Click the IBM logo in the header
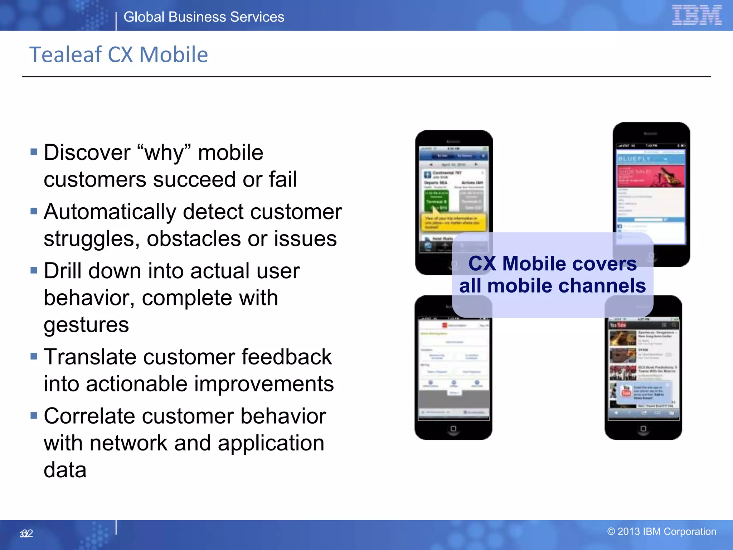click(x=696, y=15)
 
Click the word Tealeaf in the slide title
click(x=65, y=55)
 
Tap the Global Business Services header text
click(x=204, y=17)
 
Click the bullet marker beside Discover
click(x=34, y=152)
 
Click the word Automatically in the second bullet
click(x=110, y=212)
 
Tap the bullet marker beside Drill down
click(x=34, y=270)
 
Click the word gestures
click(x=86, y=325)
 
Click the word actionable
click(x=137, y=384)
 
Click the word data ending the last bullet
click(x=65, y=470)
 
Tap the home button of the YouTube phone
click(x=643, y=429)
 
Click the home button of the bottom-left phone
click(x=453, y=429)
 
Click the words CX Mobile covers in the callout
click(x=552, y=264)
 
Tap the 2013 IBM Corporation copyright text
click(x=661, y=532)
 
